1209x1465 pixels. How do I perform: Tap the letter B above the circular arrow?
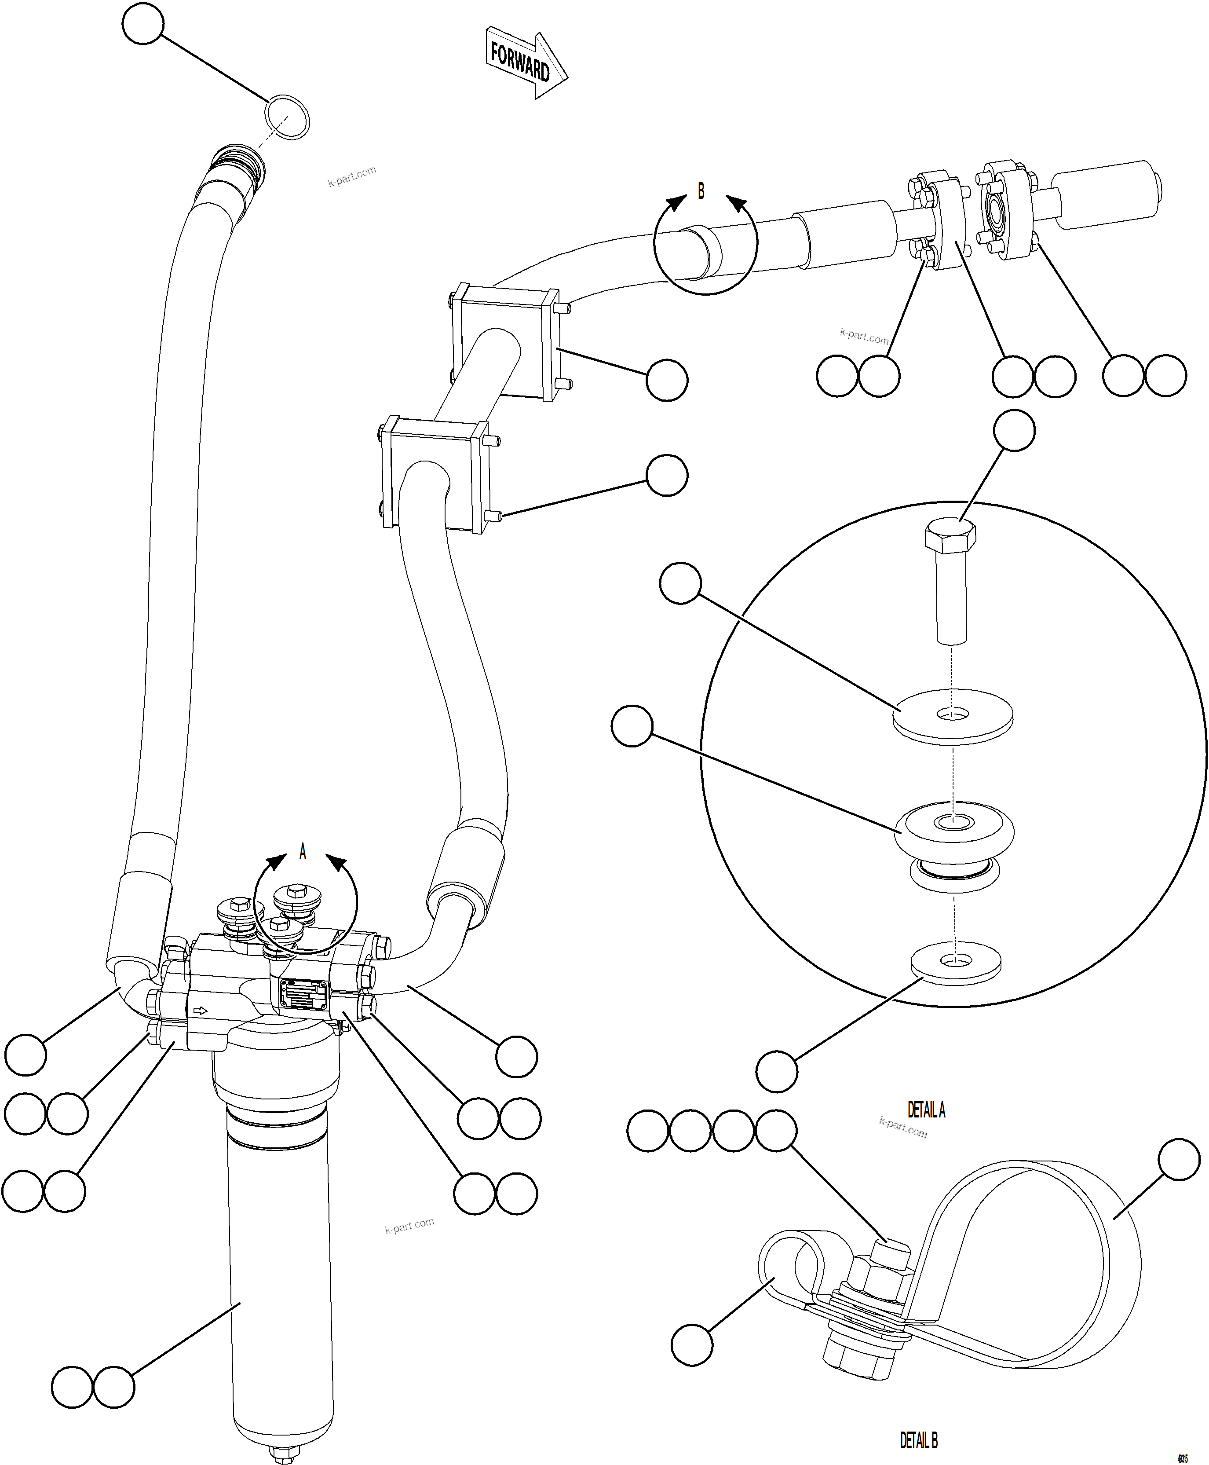pos(701,190)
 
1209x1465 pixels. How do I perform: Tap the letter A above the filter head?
pos(302,851)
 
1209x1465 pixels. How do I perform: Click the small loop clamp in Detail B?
pos(790,1261)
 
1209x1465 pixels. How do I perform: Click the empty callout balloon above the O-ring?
pos(143,24)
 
